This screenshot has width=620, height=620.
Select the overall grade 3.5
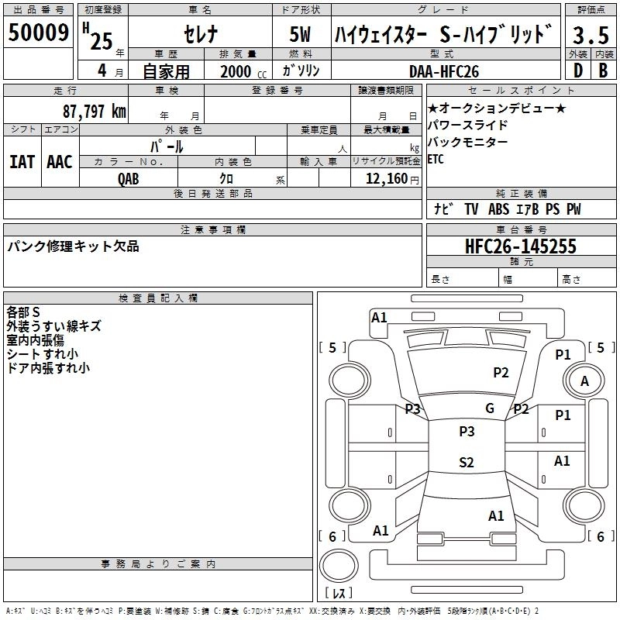(590, 35)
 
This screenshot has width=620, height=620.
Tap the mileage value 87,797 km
(95, 111)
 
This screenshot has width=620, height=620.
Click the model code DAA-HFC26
(444, 71)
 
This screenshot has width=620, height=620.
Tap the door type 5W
(301, 35)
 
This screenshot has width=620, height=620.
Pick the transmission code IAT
(22, 162)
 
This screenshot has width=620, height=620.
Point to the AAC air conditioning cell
(60, 162)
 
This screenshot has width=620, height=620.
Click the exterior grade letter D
(577, 71)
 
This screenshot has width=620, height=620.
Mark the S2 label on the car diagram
(466, 463)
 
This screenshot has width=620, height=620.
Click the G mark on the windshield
(490, 408)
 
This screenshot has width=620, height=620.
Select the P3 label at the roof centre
(467, 432)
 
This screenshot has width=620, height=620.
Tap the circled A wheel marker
(584, 381)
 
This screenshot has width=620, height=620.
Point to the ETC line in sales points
(437, 159)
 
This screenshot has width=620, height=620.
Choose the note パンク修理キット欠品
(74, 246)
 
